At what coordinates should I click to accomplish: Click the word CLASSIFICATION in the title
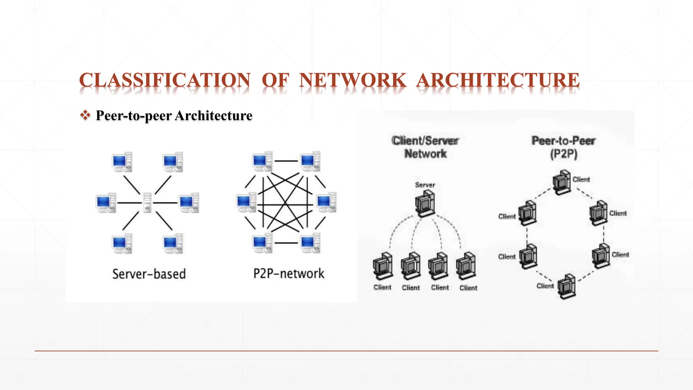[165, 80]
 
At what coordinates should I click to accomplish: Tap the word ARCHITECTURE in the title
[498, 80]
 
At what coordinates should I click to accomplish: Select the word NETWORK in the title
[352, 80]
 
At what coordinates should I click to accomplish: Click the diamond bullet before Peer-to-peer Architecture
[85, 115]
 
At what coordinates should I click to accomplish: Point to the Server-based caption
[149, 274]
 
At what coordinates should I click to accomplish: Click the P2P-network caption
[289, 273]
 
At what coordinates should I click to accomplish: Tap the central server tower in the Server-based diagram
[147, 202]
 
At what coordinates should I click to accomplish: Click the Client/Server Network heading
[425, 147]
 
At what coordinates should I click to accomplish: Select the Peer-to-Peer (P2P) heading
[563, 147]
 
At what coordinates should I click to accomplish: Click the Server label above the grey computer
[425, 185]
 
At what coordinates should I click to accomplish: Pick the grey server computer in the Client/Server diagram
[425, 203]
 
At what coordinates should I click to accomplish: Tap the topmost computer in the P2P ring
[562, 182]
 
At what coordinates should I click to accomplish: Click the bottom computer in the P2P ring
[566, 286]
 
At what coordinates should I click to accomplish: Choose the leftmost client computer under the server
[383, 266]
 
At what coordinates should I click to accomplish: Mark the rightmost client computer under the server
[466, 266]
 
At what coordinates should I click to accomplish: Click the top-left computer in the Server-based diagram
[122, 162]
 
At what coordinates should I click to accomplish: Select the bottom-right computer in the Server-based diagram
[173, 243]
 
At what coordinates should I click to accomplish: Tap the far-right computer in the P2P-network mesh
[326, 202]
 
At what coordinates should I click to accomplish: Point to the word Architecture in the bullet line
[214, 115]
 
